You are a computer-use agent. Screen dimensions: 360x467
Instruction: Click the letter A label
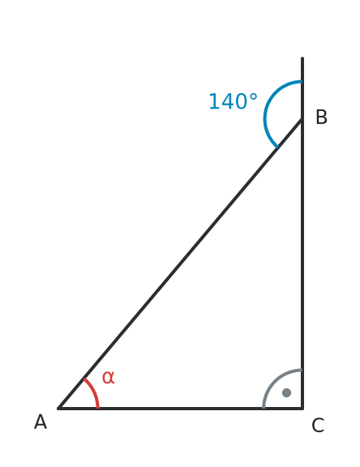coord(41,422)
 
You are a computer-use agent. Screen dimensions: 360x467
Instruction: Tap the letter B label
coord(321,117)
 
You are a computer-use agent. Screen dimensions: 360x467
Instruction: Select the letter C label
coord(318,425)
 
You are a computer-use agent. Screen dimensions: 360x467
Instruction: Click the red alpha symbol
coord(108,377)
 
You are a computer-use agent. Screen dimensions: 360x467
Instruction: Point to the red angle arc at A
coord(94,391)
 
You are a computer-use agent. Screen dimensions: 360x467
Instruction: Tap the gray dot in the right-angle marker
coord(286,392)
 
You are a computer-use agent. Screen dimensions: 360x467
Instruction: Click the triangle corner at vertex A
coord(58,409)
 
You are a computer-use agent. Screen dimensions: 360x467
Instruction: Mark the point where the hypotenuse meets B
coord(302,119)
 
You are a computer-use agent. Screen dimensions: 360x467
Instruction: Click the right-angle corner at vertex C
coord(302,409)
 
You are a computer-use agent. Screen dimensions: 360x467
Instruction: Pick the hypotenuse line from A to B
coord(180,263)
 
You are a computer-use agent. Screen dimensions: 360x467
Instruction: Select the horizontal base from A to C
coord(180,409)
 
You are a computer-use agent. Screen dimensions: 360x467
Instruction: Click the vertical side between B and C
coord(302,263)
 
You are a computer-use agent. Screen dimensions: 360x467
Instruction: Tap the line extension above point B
coord(302,88)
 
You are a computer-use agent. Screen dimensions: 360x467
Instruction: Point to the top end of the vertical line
coord(302,58)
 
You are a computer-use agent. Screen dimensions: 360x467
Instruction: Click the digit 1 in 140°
coord(214,101)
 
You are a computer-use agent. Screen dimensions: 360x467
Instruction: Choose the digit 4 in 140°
coord(227,101)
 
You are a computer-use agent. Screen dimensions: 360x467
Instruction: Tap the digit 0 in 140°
coord(241,101)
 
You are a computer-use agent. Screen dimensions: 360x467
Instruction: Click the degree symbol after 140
coord(253,97)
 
